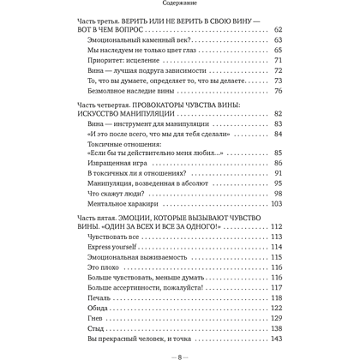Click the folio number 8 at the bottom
click(x=180, y=353)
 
